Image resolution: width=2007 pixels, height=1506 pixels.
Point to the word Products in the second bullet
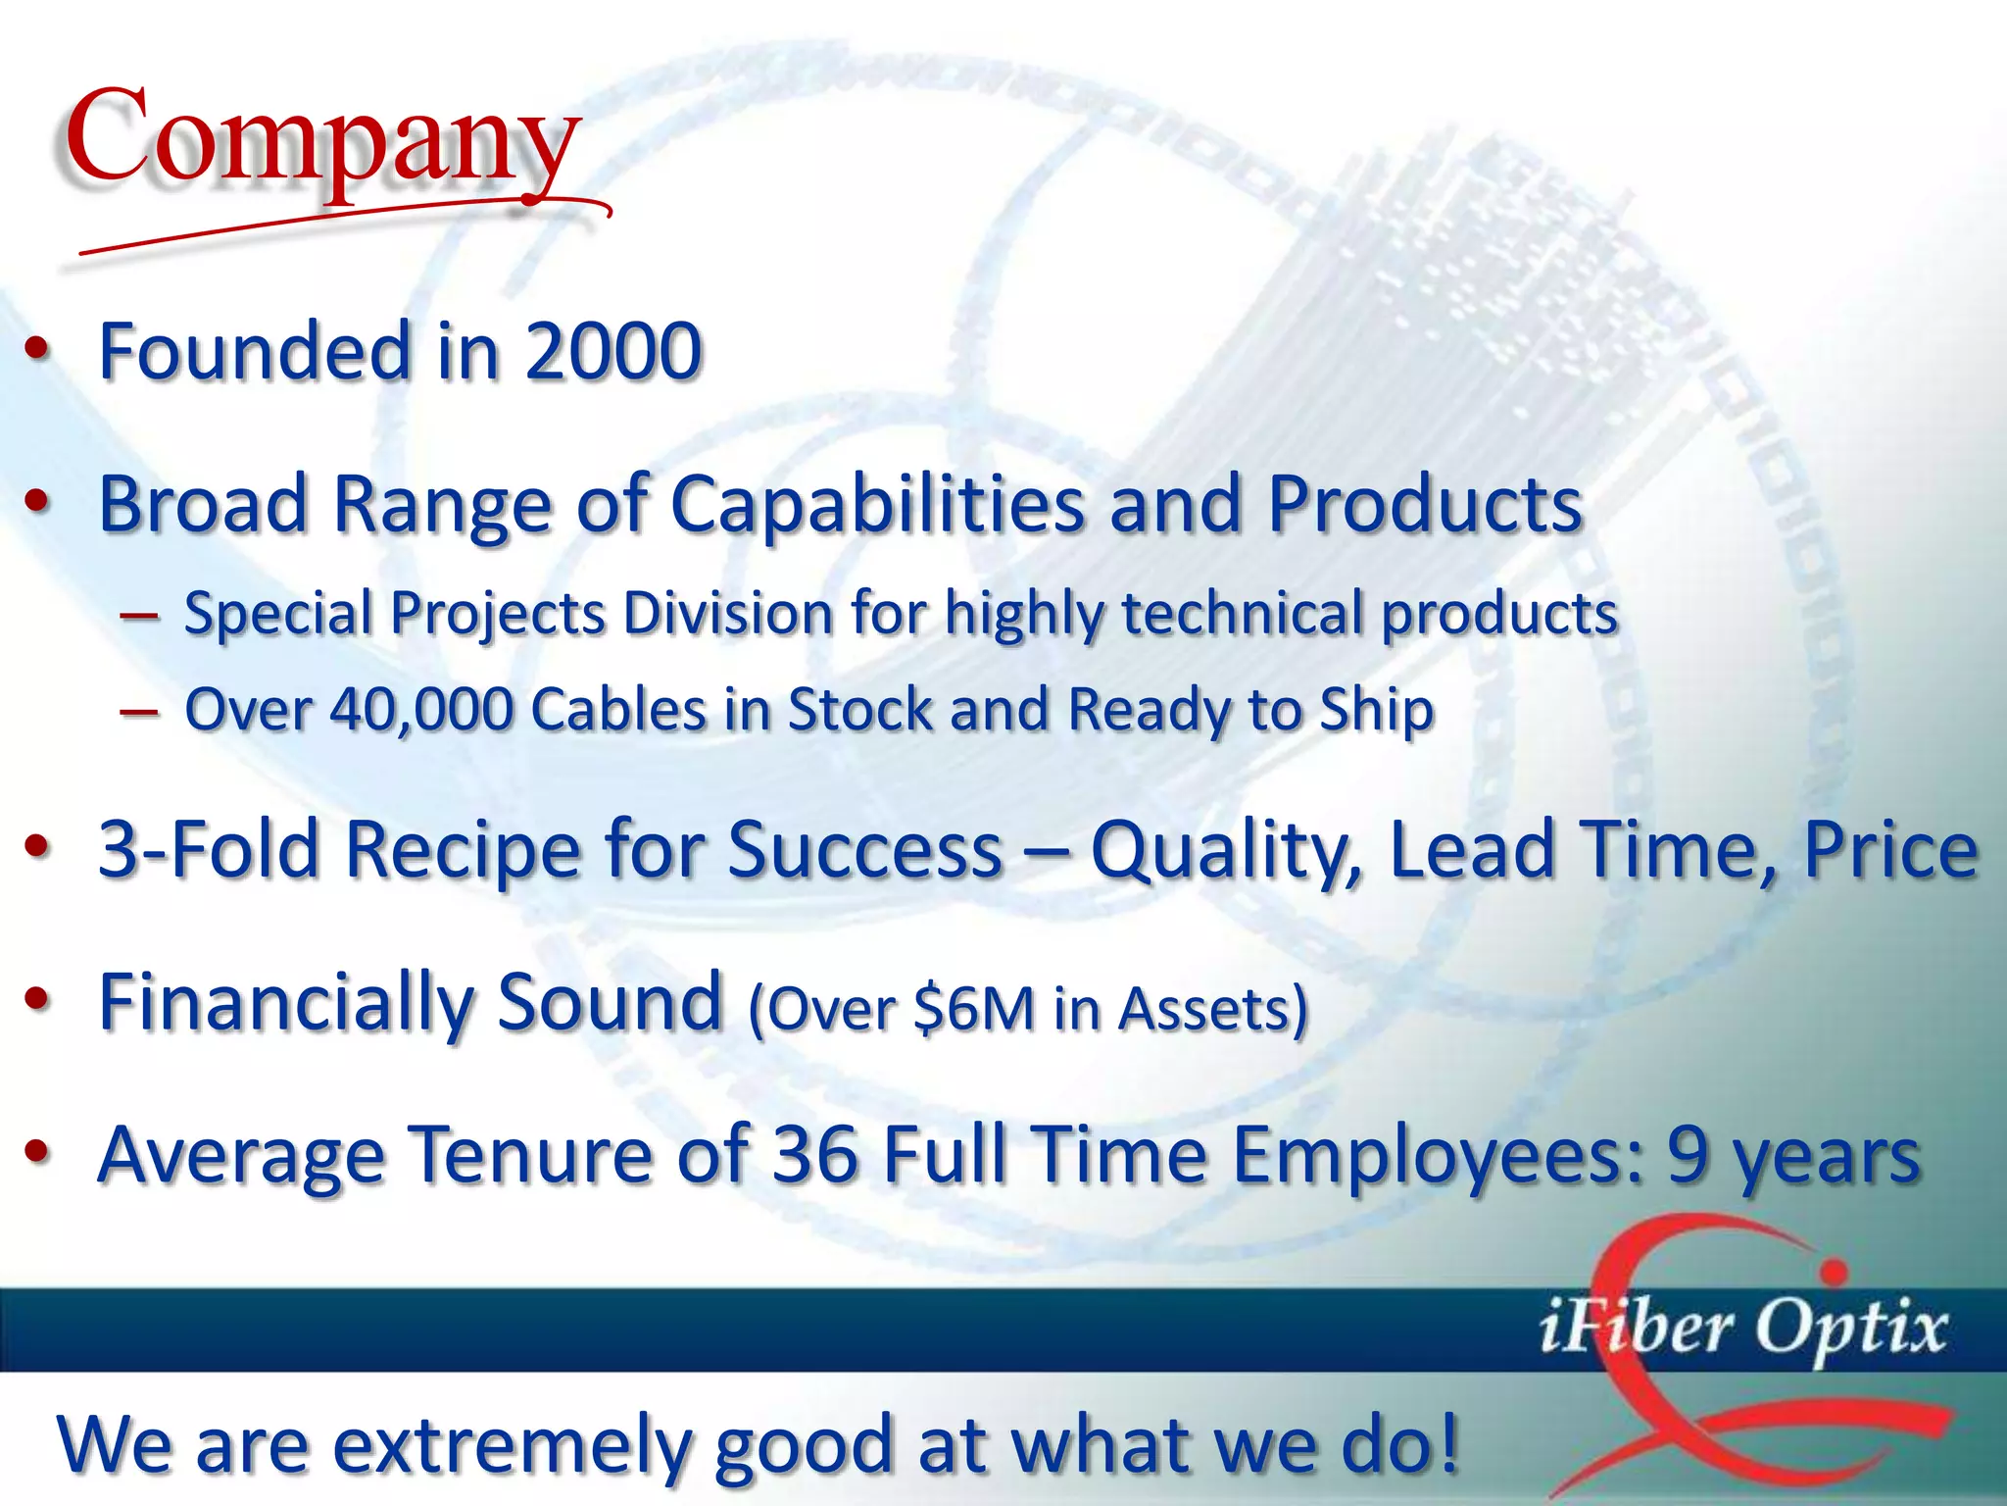pos(1425,505)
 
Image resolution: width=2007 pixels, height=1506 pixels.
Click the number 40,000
pos(421,709)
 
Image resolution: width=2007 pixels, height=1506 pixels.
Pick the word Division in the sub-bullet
pos(728,614)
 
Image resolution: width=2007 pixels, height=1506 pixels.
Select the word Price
pos(1891,850)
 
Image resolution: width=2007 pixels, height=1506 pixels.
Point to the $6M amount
pos(974,1008)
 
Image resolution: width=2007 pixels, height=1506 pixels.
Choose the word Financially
pos(286,1003)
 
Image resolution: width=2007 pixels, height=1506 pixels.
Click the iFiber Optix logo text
pos(1742,1330)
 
